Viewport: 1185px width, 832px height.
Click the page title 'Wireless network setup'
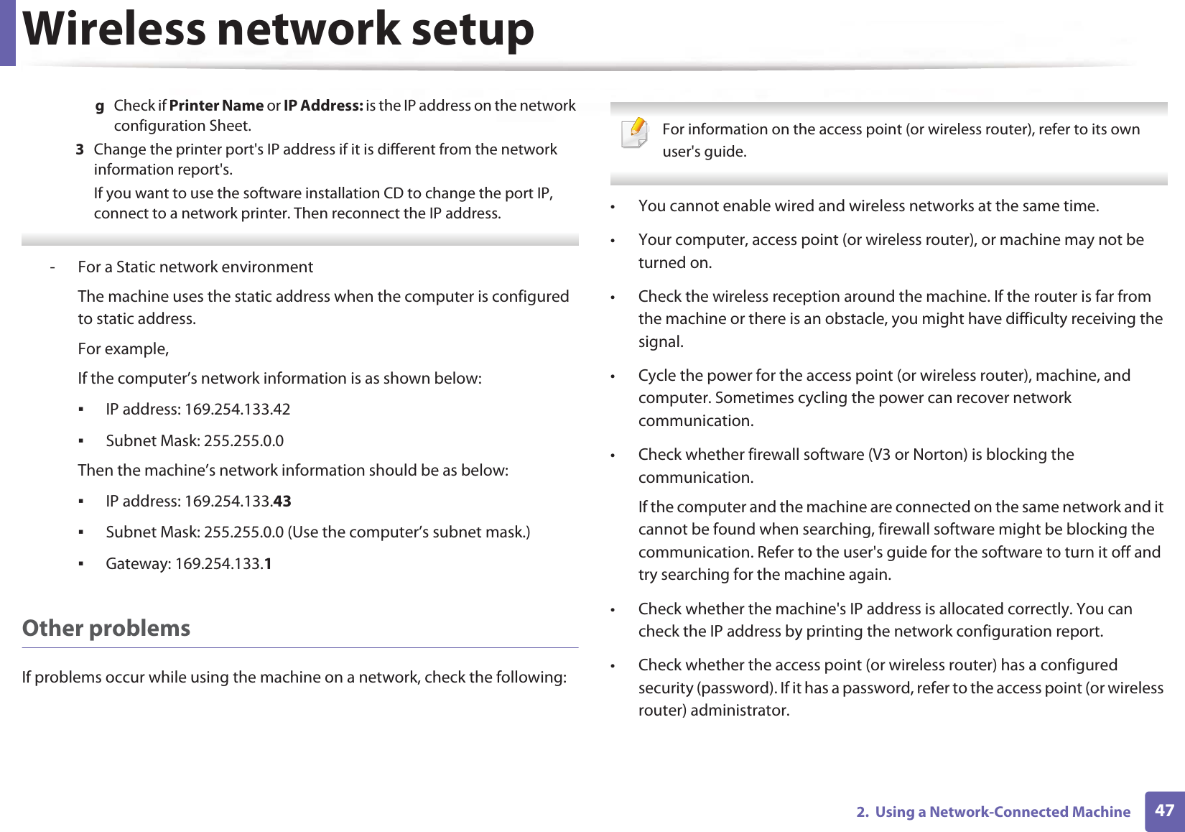[278, 30]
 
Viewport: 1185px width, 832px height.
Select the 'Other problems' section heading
[106, 628]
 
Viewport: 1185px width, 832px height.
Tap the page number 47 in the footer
[1164, 811]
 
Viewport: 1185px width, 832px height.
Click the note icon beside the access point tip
[634, 133]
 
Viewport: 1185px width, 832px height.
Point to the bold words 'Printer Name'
[216, 106]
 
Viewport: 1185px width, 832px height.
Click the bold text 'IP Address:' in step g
[322, 106]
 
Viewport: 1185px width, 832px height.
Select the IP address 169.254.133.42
[237, 410]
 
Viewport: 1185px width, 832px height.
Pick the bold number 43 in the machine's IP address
[282, 501]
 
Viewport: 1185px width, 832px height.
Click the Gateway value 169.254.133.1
[223, 564]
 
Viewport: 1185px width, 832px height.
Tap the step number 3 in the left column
[80, 149]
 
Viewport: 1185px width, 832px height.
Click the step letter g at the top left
[99, 106]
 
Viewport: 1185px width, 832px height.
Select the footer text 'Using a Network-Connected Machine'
[1003, 812]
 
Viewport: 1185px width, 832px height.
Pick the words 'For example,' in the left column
[124, 349]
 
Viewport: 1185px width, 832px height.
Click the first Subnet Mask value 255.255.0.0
[243, 441]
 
